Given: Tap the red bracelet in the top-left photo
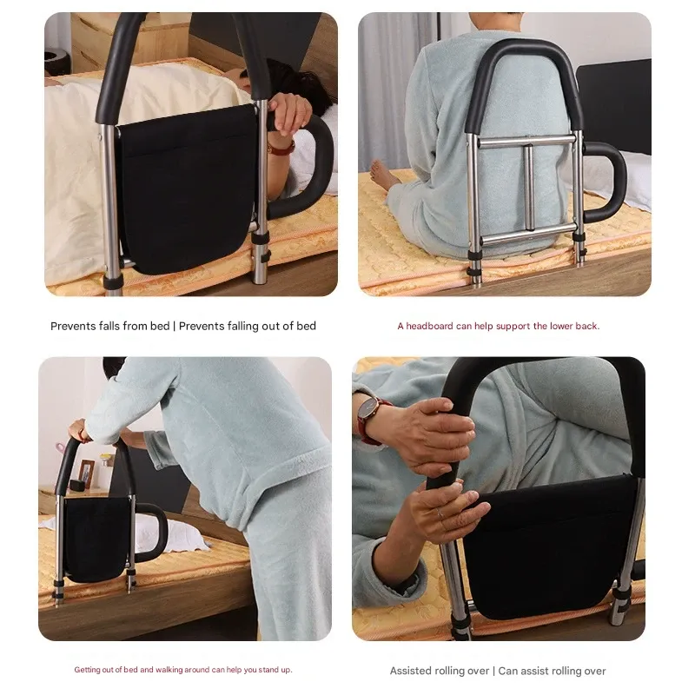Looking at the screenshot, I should [281, 148].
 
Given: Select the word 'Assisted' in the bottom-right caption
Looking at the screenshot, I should [414, 671].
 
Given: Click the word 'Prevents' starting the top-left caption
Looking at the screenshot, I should [73, 327].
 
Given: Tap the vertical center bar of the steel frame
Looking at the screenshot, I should [527, 188].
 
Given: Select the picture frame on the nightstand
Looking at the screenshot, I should [85, 473].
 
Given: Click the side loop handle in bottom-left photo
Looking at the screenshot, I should [155, 530].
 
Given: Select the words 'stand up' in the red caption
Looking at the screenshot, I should [273, 670].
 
